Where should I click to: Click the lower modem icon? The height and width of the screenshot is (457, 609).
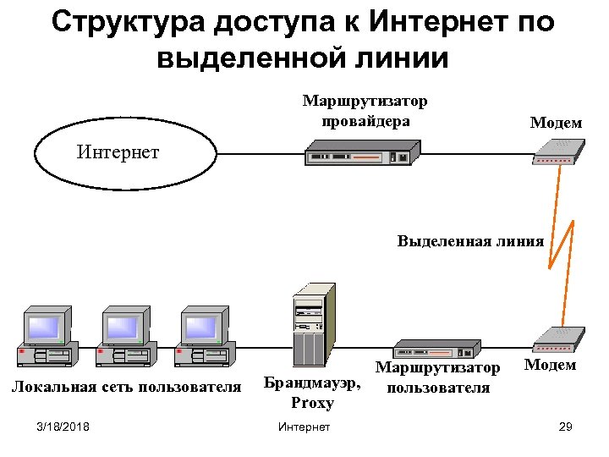[557, 339]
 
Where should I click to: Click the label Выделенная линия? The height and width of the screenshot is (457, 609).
[470, 241]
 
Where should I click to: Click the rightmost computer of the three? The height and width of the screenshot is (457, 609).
[204, 339]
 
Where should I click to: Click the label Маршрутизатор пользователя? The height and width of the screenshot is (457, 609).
[438, 378]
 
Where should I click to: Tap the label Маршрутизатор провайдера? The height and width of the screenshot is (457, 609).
[365, 111]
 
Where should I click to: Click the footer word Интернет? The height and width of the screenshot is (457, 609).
[304, 427]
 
